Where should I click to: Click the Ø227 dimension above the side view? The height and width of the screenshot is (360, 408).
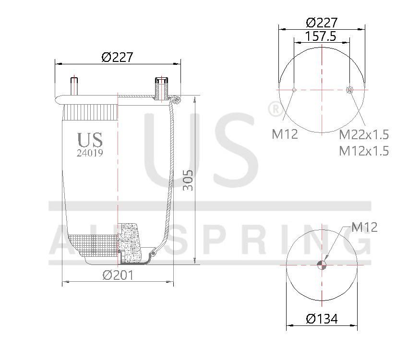(x=117, y=57)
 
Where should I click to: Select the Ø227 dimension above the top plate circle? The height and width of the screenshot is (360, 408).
(x=322, y=23)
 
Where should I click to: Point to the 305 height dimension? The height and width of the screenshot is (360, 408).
(x=189, y=180)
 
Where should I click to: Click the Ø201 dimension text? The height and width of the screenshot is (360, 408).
(x=118, y=275)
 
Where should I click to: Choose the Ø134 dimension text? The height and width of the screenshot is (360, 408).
(x=322, y=319)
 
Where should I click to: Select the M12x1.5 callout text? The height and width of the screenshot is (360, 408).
(x=363, y=151)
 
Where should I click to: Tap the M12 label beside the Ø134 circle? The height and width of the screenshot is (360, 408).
(x=364, y=227)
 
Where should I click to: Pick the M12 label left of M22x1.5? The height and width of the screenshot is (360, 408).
(x=285, y=134)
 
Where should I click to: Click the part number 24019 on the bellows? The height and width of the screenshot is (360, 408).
(x=90, y=153)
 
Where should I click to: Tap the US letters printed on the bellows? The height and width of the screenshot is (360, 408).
(x=90, y=140)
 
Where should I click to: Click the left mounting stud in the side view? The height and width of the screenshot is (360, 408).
(x=74, y=86)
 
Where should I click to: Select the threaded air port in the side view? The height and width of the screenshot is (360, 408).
(x=161, y=88)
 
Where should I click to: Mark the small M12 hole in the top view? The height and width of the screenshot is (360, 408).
(x=294, y=89)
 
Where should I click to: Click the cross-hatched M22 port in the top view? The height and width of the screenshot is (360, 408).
(x=349, y=89)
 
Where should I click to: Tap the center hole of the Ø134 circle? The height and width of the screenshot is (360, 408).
(x=322, y=264)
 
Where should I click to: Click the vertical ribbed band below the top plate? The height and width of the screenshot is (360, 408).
(x=91, y=112)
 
